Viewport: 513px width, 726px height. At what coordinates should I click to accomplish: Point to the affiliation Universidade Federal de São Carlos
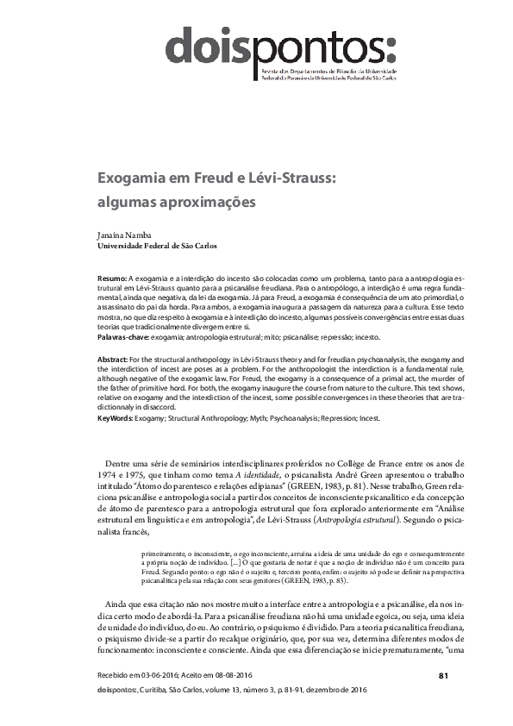(157, 245)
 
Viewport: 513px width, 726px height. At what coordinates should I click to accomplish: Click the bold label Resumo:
(112, 281)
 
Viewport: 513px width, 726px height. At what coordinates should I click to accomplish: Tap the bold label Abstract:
(115, 357)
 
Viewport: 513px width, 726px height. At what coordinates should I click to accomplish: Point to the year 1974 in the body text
(107, 475)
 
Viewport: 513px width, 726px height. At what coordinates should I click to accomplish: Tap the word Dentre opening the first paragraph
(120, 463)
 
